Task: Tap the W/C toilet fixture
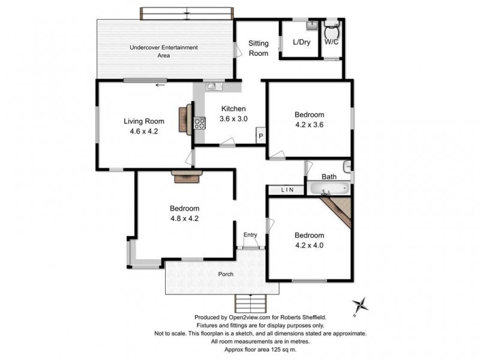[x=331, y=31]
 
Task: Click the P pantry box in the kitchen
[x=261, y=136]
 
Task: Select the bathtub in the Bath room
[x=329, y=189]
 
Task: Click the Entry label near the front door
[x=250, y=235]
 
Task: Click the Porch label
[x=226, y=274]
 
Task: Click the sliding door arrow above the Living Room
[x=160, y=85]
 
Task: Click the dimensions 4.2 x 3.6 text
[x=309, y=125]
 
